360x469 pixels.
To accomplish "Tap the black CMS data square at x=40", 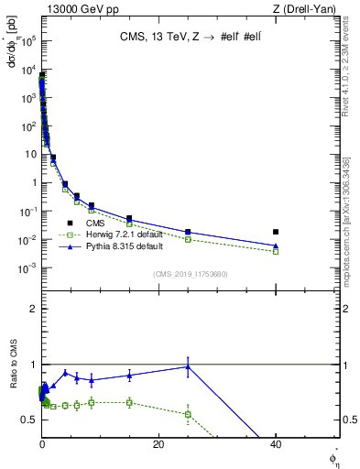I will click(276, 232).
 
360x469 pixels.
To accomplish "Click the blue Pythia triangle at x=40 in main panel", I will click(276, 245).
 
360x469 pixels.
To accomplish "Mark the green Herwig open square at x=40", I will click(276, 251).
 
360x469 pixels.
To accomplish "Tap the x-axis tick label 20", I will click(158, 444).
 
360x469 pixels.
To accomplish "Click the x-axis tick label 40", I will click(276, 444).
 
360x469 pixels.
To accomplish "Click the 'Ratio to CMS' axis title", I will click(14, 380).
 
